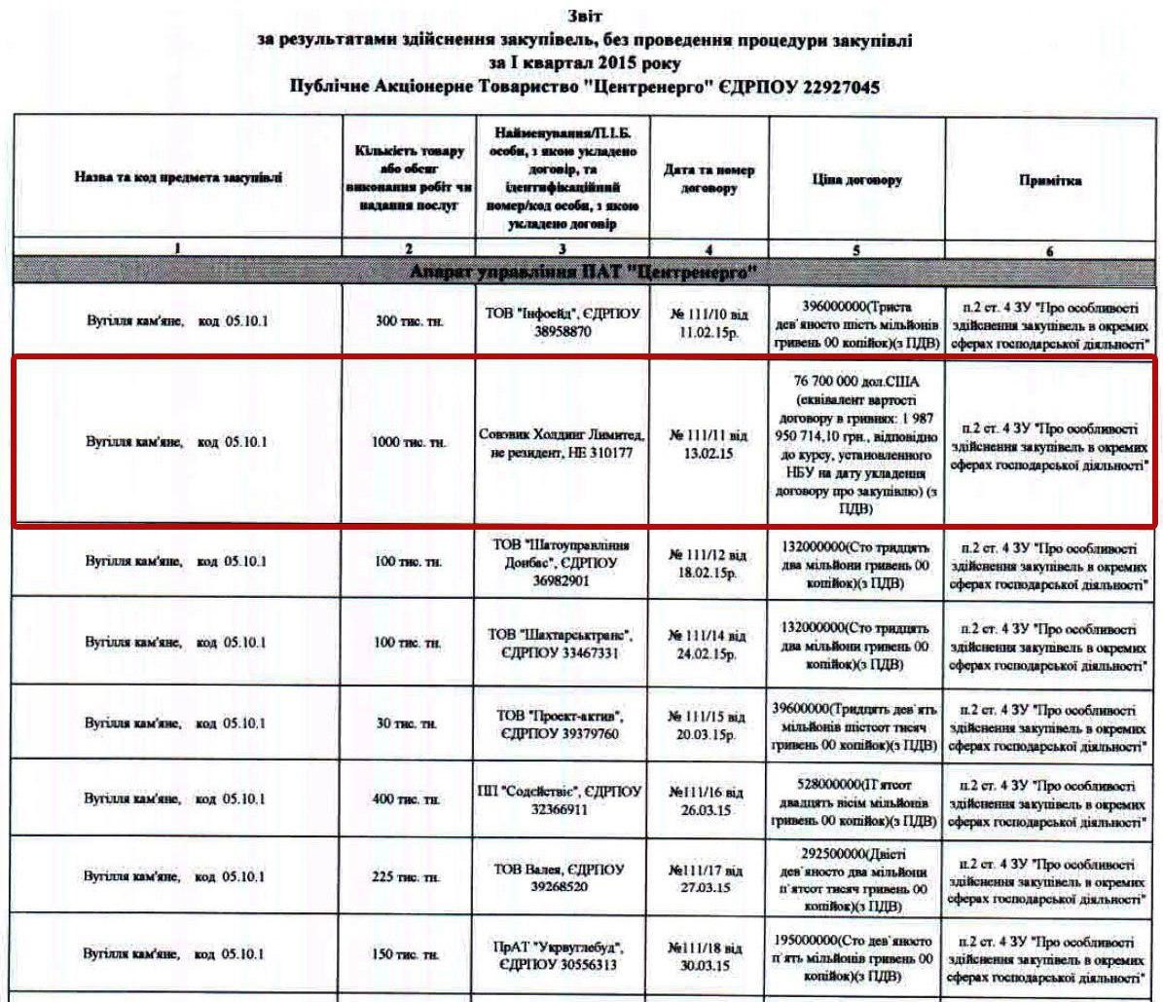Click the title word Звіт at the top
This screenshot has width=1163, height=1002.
point(583,17)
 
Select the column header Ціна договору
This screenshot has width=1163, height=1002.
point(856,180)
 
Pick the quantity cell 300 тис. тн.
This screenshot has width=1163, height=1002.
point(409,322)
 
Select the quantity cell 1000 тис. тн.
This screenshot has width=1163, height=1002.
point(409,443)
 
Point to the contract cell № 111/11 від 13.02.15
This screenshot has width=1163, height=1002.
point(709,443)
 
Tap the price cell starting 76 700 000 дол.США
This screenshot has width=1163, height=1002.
point(856,442)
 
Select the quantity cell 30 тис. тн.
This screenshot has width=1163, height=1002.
point(409,724)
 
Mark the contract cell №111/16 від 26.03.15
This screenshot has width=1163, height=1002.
point(709,801)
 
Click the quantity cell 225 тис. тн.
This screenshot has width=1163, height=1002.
point(409,877)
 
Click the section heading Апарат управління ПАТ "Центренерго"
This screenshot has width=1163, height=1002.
point(582,271)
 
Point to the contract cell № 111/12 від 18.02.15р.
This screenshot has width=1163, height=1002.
point(709,563)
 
